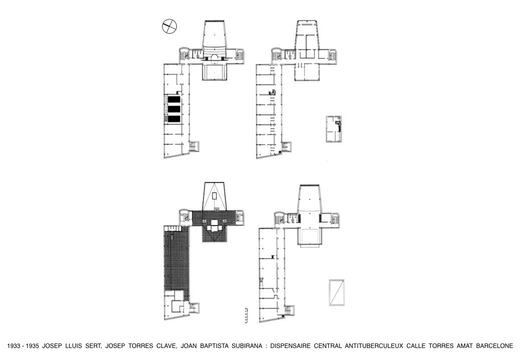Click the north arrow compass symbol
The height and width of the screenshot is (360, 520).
[x=169, y=26]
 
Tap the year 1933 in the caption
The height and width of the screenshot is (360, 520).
[x=13, y=346]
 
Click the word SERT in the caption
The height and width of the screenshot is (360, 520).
[x=94, y=346]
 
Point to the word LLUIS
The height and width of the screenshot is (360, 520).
[x=73, y=346]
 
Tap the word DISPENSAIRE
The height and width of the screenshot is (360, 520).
[x=290, y=346]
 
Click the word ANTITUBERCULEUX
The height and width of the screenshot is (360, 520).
[x=373, y=346]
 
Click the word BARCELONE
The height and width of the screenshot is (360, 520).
[x=495, y=346]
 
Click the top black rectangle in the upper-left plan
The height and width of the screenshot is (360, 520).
[x=174, y=99]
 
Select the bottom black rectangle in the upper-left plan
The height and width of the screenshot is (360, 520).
[x=174, y=118]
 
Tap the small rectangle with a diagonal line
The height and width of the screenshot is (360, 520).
[x=336, y=292]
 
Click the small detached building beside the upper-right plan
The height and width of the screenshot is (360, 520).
[x=334, y=129]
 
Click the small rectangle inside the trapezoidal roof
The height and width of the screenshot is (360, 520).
[x=214, y=195]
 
